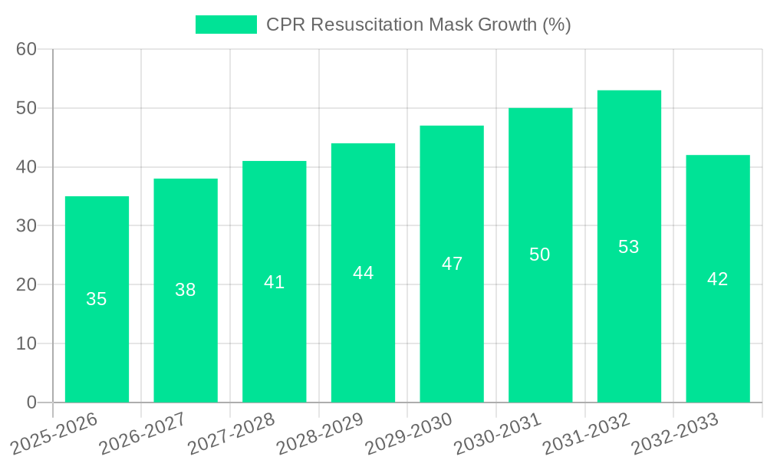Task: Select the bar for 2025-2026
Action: click(97, 299)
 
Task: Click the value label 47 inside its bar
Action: click(452, 264)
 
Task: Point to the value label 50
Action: click(540, 255)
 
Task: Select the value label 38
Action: click(186, 290)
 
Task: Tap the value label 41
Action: click(274, 282)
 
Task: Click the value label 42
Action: click(717, 279)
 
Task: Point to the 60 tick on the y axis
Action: click(26, 49)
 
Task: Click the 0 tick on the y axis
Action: click(31, 402)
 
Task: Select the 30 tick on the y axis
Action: click(26, 225)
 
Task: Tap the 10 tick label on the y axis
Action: click(26, 343)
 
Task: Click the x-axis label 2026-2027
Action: click(141, 432)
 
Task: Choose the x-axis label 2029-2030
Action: click(407, 432)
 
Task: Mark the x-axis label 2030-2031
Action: click(496, 432)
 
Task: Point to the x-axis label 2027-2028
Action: click(230, 432)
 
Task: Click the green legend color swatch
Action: click(226, 25)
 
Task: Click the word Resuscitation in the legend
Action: click(360, 25)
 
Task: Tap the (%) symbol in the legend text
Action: click(557, 25)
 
